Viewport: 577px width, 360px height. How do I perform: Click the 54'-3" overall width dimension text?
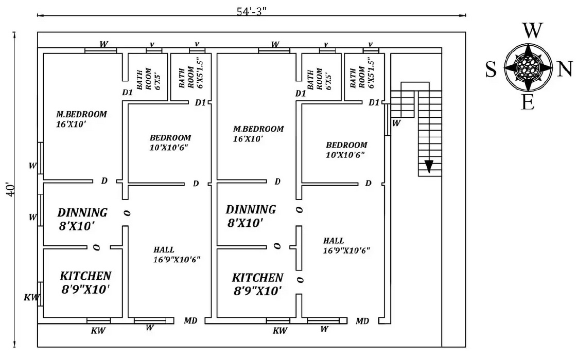point(252,11)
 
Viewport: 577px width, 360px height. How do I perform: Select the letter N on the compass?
point(565,69)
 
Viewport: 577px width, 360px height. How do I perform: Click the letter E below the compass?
point(528,103)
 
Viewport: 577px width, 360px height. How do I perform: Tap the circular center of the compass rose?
point(528,67)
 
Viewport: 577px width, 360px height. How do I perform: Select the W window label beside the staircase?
point(396,123)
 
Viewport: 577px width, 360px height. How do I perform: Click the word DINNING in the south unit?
point(82,212)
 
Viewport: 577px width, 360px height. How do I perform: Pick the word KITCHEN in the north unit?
point(257,278)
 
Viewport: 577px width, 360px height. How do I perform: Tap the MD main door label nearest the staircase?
point(362,321)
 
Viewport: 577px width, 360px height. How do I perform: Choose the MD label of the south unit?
point(190,321)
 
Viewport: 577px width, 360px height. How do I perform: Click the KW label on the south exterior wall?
point(31,297)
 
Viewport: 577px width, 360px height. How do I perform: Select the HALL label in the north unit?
point(334,241)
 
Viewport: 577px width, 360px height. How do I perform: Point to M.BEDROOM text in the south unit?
point(82,114)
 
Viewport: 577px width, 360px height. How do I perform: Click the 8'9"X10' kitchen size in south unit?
point(85,290)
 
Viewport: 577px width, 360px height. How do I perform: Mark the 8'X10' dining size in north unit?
point(246,223)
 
